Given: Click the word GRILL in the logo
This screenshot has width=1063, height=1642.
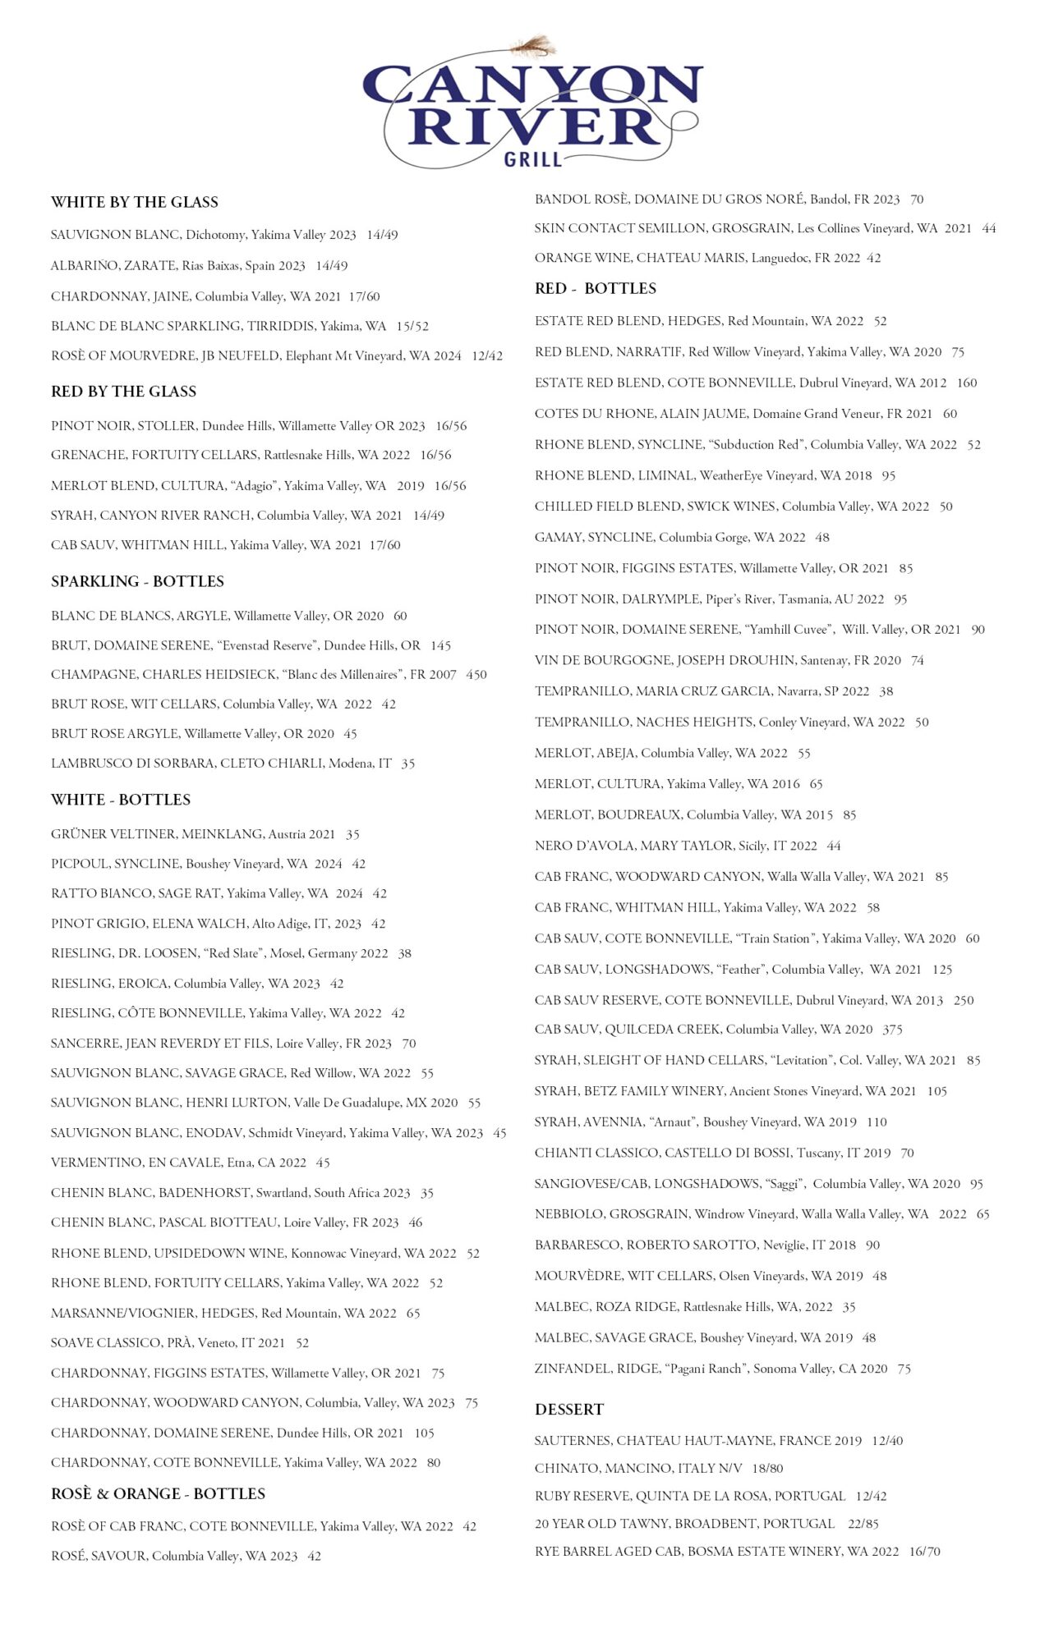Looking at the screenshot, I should click(532, 158).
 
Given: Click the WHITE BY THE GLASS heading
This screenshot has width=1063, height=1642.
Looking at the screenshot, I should click(135, 202).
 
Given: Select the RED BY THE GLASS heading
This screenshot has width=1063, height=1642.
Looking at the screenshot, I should click(124, 392).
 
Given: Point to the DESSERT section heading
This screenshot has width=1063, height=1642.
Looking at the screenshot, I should click(569, 1409).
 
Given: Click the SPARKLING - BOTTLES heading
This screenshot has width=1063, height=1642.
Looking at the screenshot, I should click(137, 581).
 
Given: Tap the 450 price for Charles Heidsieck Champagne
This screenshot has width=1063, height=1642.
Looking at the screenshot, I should click(476, 675).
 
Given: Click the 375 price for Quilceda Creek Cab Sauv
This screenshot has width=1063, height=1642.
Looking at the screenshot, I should click(892, 1030).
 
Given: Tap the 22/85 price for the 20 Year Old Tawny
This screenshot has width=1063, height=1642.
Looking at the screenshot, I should click(863, 1524).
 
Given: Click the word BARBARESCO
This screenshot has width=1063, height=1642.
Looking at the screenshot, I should click(577, 1245).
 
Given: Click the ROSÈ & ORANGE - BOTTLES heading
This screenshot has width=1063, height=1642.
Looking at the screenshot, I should click(158, 1493).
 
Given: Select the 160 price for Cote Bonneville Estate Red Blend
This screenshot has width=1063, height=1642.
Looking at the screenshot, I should click(967, 383).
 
